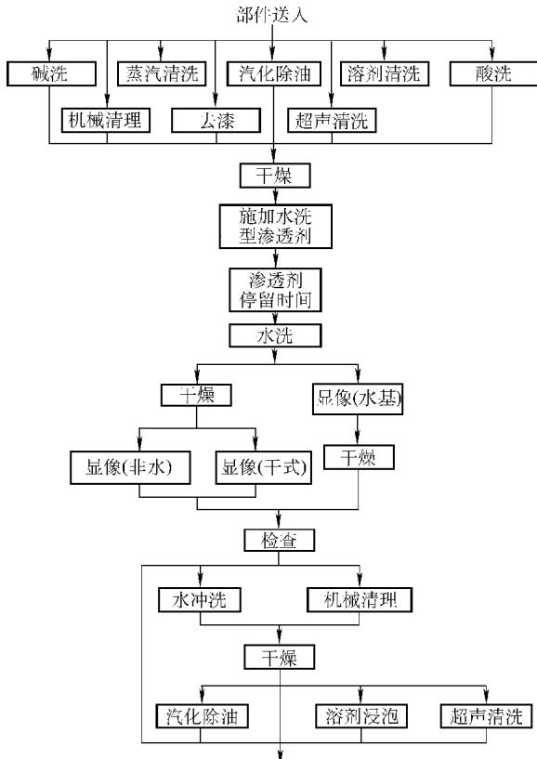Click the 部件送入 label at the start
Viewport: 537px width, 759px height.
(271, 15)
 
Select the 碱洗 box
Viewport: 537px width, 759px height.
(51, 74)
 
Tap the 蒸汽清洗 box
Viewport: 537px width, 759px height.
(162, 74)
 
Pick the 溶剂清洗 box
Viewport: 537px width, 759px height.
(385, 74)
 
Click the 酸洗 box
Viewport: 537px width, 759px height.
(493, 74)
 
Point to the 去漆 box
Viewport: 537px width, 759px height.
(216, 120)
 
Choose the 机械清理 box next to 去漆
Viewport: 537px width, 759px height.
(106, 120)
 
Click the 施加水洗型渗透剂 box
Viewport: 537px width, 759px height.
(276, 226)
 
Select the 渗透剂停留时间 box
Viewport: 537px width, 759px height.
(275, 290)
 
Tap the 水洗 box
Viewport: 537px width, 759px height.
(275, 335)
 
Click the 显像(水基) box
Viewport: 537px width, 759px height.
(358, 399)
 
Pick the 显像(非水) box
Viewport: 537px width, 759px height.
(130, 467)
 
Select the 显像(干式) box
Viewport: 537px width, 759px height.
(264, 467)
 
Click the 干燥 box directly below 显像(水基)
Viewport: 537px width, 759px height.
(359, 457)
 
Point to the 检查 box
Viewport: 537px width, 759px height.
(279, 540)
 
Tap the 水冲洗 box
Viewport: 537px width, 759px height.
(200, 600)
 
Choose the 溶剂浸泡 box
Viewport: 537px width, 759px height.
(361, 716)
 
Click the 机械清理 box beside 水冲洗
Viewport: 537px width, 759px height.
(360, 600)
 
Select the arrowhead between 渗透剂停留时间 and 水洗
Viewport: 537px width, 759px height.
(275, 318)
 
